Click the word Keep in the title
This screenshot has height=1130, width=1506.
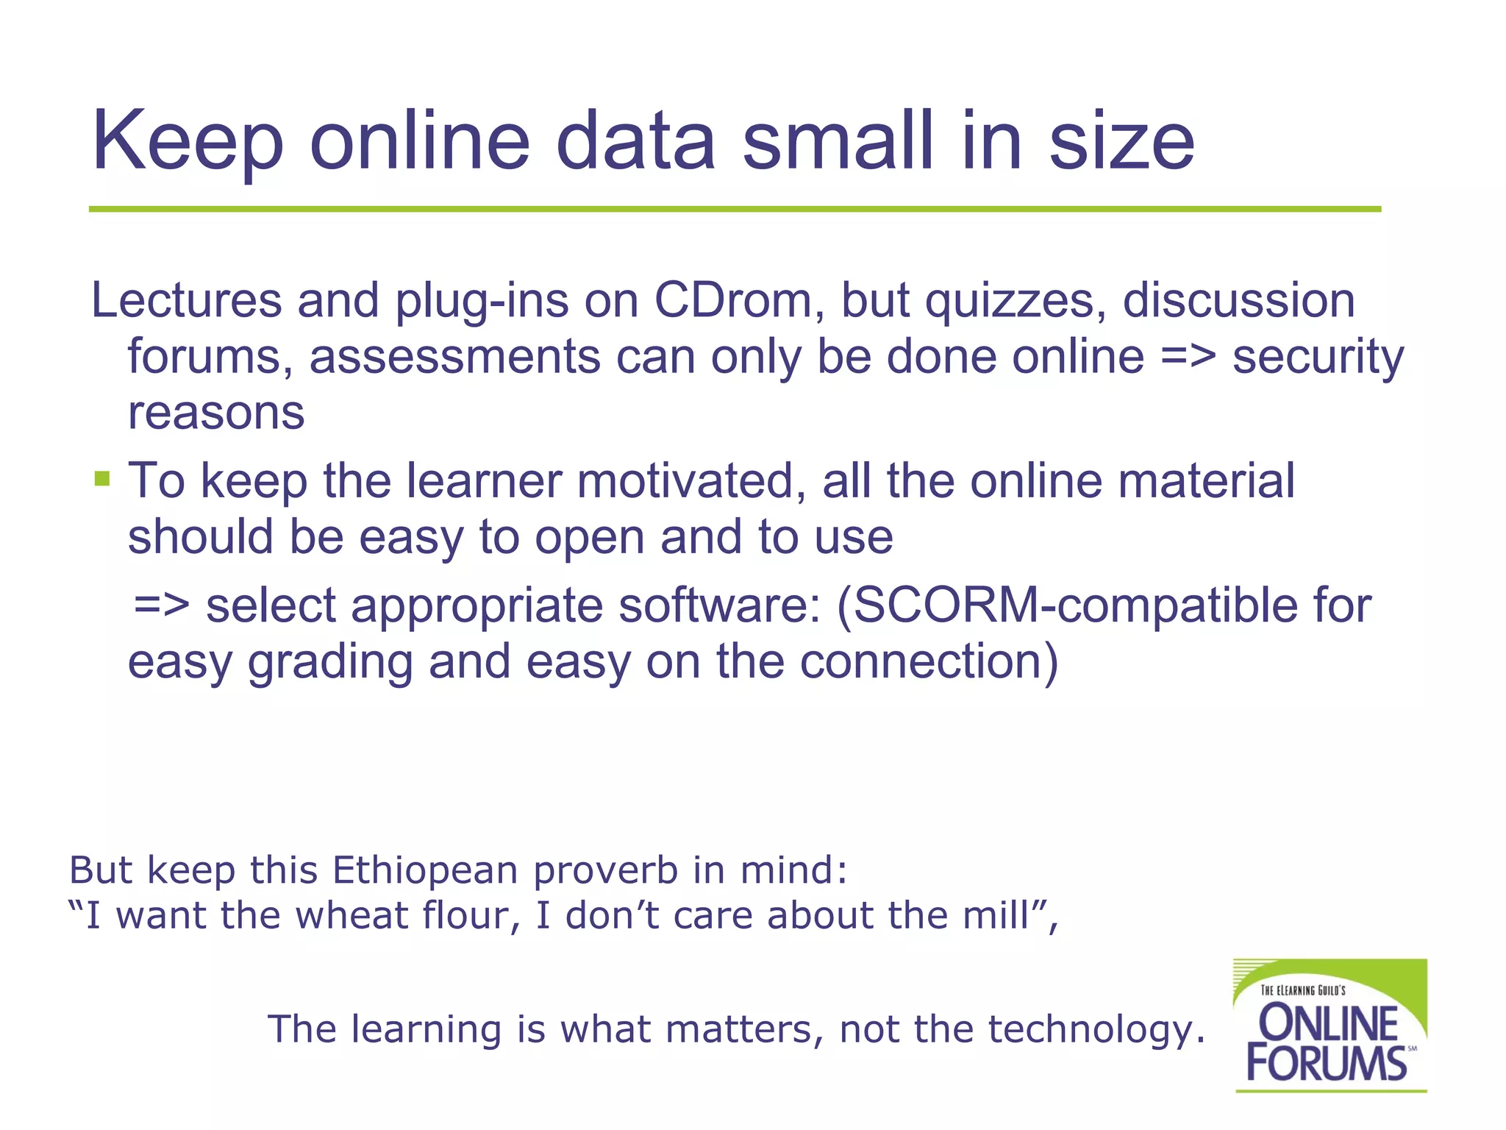coord(188,141)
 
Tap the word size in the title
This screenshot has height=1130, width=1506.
coord(1121,141)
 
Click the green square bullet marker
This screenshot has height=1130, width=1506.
coord(102,480)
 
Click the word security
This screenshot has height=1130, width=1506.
coord(1318,358)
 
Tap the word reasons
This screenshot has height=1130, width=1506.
coord(216,413)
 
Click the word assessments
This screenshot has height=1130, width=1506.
coord(454,358)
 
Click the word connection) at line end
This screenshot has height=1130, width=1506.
coord(929,661)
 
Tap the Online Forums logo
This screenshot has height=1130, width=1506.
coord(1330,1026)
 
